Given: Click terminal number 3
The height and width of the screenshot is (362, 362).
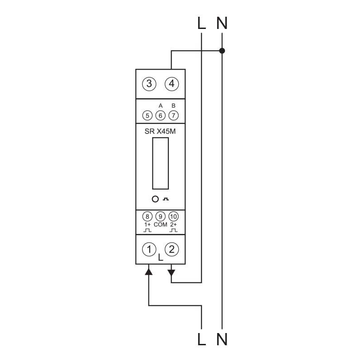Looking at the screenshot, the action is [x=149, y=84].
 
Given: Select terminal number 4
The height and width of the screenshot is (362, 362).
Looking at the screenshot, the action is [x=171, y=84].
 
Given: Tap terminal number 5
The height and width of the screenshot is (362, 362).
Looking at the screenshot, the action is [x=148, y=115].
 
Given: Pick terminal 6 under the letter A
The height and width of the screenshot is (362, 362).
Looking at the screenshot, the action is [x=161, y=115].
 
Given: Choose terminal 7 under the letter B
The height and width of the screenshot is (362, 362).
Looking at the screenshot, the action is [x=173, y=115].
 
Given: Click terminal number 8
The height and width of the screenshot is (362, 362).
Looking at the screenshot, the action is [x=148, y=217].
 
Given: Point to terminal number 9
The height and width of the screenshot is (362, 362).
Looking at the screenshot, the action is [x=161, y=217].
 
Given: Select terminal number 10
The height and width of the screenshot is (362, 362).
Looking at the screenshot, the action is [x=173, y=217].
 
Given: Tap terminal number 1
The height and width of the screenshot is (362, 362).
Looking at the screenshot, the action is [x=149, y=249].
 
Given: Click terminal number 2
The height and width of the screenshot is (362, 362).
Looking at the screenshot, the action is [x=171, y=249].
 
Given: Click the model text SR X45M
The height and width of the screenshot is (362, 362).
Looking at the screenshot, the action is [x=160, y=131].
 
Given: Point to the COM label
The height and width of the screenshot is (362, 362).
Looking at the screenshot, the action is [x=161, y=224].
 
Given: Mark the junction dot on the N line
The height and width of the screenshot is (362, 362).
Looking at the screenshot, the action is [x=222, y=51].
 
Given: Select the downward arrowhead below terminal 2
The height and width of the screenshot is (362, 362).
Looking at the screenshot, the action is [x=171, y=273].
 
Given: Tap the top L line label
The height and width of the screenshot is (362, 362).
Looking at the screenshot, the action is [x=201, y=23].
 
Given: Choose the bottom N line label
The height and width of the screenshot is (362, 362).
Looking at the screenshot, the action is [x=222, y=339].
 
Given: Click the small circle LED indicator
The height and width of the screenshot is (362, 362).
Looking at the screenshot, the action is [x=155, y=199].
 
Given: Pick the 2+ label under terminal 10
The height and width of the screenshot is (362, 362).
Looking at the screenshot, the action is [x=173, y=224].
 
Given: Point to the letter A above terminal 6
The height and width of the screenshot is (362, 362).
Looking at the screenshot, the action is [x=161, y=106].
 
